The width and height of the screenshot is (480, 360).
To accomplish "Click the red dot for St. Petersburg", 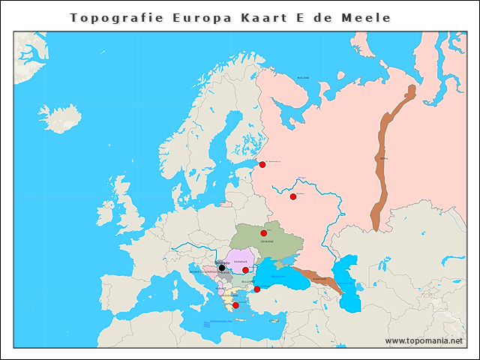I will (x=262, y=164).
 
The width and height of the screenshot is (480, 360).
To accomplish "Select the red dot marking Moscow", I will (x=293, y=196).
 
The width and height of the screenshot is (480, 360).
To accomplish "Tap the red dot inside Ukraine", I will (x=263, y=233).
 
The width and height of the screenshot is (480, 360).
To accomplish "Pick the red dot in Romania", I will (x=245, y=270).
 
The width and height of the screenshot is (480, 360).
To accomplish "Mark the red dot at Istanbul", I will (x=256, y=289).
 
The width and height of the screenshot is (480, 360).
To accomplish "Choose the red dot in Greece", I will (x=235, y=305).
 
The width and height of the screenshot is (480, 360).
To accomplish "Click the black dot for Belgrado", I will (x=221, y=268).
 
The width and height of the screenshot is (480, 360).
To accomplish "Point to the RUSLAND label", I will (x=303, y=77).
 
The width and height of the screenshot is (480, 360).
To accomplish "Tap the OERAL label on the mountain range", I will (x=384, y=159).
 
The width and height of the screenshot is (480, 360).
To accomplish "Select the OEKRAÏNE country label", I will (x=267, y=242).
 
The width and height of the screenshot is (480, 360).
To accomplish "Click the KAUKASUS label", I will (x=319, y=279).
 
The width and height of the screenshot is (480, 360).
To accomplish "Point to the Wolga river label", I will (x=302, y=178).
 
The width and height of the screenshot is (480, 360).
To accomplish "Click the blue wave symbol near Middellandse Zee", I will (x=207, y=325).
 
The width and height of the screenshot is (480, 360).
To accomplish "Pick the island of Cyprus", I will (x=275, y=321).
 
